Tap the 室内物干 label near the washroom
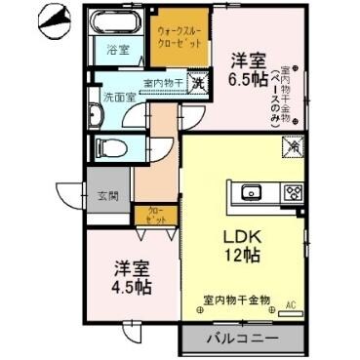(162, 84)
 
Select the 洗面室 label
(118, 99)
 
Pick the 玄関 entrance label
(107, 195)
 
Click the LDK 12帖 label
(241, 245)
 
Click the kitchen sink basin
(249, 191)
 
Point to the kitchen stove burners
(292, 191)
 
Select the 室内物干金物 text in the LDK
(237, 300)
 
